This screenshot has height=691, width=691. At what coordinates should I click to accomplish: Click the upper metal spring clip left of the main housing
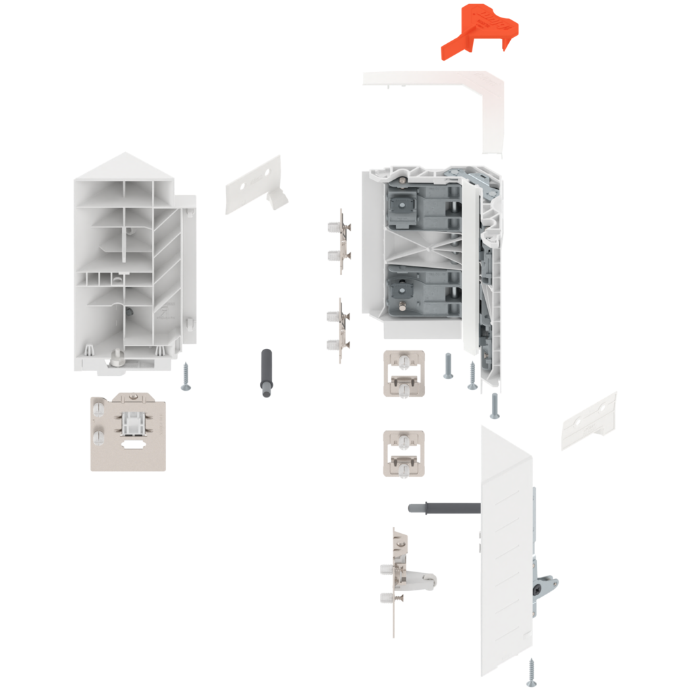341,241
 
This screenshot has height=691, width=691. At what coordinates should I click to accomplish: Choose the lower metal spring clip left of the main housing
341,331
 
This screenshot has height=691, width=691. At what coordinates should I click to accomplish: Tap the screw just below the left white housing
186,376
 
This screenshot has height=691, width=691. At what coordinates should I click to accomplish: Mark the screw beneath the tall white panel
532,671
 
